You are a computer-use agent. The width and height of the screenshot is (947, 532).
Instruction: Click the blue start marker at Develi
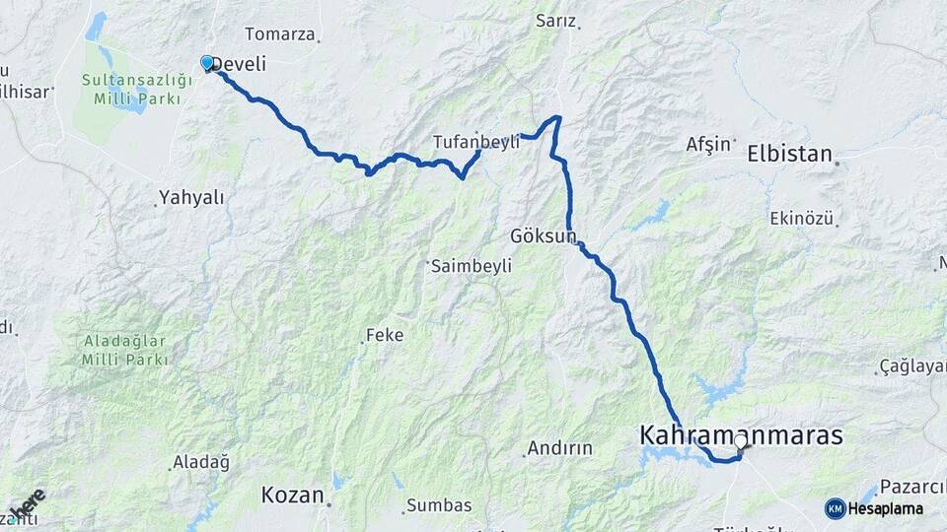[207, 63]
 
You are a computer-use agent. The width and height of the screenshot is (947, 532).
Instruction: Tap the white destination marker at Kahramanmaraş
[740, 441]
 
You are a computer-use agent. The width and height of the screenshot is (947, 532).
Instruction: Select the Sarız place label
[555, 20]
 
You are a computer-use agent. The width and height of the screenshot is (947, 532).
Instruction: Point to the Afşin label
[709, 144]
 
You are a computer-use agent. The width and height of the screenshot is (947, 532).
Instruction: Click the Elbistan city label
[790, 154]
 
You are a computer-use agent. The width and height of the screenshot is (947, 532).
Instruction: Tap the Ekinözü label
[802, 218]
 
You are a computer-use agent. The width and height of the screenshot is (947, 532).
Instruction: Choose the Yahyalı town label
[193, 197]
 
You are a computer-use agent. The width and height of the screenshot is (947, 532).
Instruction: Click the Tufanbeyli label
[475, 143]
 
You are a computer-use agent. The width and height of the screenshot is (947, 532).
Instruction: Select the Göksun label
[542, 236]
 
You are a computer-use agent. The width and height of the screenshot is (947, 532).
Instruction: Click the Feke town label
[385, 335]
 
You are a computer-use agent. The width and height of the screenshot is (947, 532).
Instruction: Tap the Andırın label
[559, 448]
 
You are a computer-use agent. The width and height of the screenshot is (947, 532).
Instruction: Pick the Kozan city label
[292, 495]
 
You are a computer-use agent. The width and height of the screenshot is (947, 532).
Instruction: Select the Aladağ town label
[200, 462]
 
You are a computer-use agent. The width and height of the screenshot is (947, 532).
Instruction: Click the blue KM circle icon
[835, 508]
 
